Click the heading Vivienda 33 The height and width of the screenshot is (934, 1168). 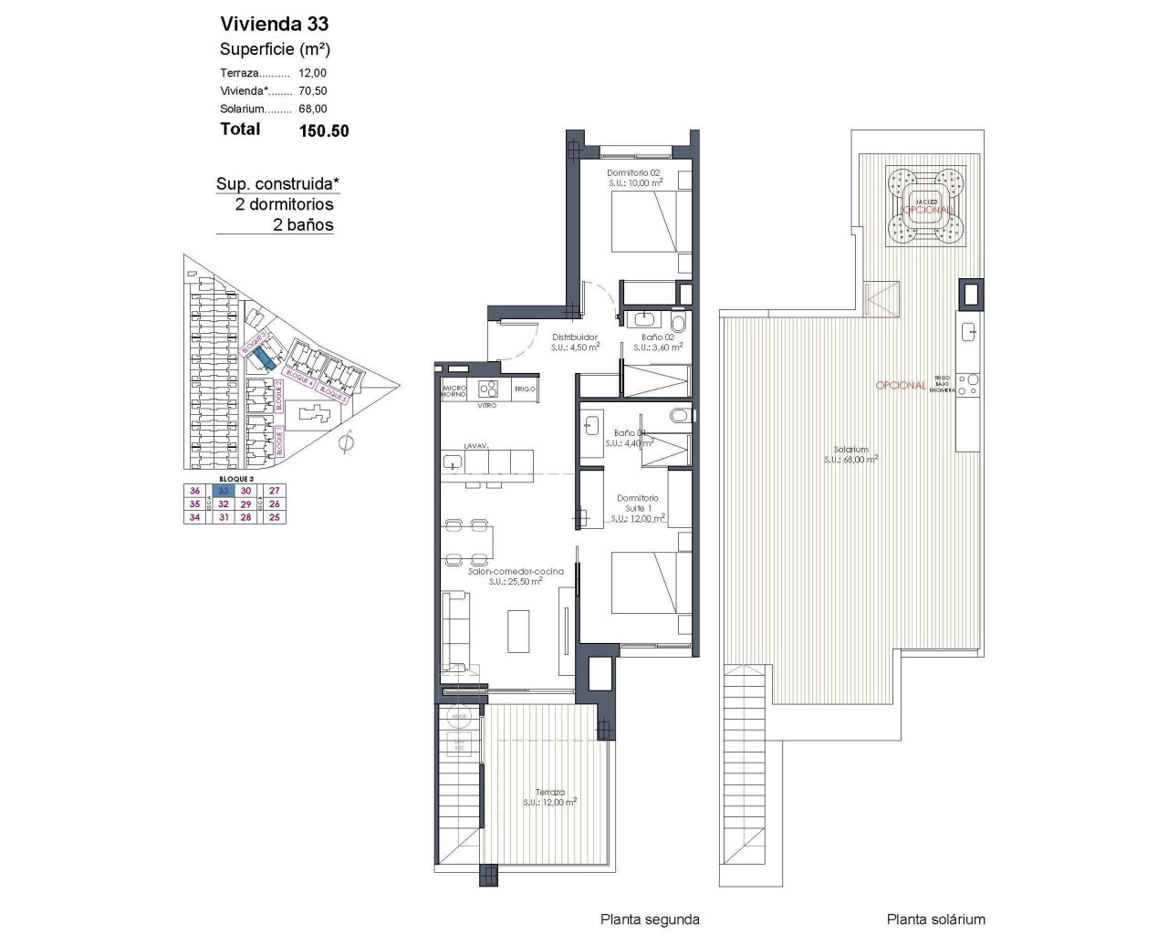275,24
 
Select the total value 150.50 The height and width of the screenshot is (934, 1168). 324,130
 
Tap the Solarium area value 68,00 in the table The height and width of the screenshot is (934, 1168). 313,109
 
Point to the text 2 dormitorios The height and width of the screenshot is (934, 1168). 284,204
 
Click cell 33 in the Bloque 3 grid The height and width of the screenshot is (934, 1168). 222,491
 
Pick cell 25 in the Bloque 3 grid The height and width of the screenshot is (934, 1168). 275,517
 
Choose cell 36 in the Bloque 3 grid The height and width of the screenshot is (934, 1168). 194,491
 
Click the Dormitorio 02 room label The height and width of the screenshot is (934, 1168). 633,172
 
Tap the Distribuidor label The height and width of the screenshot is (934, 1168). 574,337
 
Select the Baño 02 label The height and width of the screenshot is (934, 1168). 657,337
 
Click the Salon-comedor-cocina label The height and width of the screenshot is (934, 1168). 516,571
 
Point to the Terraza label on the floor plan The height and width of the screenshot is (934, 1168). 550,793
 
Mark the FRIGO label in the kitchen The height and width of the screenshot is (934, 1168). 524,389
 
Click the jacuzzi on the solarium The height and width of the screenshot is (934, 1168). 926,208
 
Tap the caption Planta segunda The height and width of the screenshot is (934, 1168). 650,919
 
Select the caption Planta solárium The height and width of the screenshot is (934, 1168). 935,919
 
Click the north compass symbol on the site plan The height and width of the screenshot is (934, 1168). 345,443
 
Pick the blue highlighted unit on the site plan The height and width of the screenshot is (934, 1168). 263,358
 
